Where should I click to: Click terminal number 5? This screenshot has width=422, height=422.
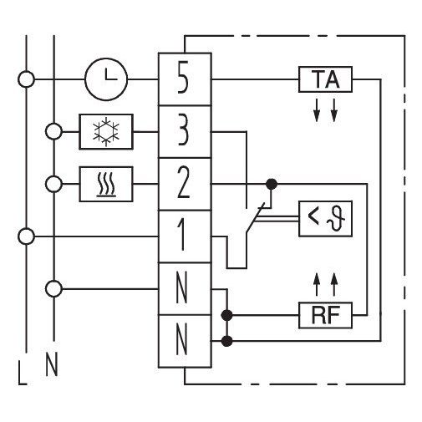(183, 79)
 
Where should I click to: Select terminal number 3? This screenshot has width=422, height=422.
(183, 131)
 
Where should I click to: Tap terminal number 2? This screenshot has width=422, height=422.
(183, 184)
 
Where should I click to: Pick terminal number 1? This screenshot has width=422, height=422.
(181, 236)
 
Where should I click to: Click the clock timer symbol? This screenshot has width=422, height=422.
(106, 79)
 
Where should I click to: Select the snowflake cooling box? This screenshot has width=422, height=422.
(106, 132)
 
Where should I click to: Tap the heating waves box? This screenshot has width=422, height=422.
(106, 184)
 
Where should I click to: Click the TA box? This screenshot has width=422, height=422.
(325, 79)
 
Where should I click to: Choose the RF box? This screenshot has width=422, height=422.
(325, 315)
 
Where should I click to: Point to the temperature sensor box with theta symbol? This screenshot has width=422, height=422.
(325, 219)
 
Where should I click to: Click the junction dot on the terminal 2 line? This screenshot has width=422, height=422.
(272, 184)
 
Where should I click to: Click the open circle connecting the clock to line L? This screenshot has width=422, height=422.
(26, 79)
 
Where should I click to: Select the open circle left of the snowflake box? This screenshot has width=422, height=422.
(53, 131)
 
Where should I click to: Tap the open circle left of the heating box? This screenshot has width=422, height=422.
(53, 184)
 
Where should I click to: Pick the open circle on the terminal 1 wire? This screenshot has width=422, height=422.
(26, 236)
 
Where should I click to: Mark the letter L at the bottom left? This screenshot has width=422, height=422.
(23, 373)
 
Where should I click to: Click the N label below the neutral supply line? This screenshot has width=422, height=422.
(52, 364)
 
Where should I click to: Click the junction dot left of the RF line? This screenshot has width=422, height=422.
(226, 315)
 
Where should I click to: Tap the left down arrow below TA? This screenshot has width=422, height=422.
(317, 109)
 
